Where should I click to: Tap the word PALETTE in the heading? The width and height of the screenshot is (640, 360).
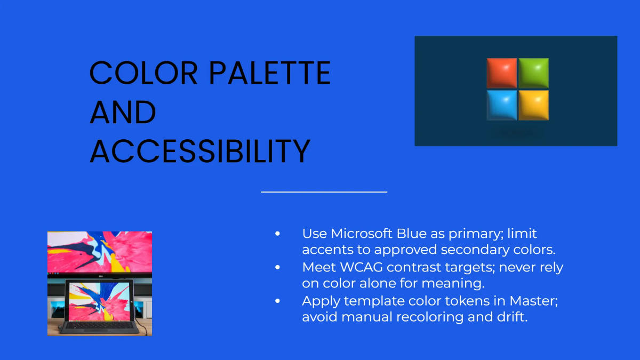270,73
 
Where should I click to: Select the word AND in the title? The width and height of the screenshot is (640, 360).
123,112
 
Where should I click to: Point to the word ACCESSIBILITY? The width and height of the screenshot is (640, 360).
200,151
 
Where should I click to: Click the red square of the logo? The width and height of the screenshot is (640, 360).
502,73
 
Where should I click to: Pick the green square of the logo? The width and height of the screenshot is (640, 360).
534,73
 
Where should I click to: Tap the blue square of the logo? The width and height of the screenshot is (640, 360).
502,105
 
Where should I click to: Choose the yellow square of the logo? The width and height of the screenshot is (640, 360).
534,105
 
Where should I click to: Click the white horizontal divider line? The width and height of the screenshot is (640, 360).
324,192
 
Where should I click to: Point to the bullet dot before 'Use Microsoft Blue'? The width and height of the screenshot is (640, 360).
277,234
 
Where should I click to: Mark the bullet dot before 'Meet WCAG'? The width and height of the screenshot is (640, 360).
277,267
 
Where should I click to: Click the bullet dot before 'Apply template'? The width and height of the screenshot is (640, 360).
277,301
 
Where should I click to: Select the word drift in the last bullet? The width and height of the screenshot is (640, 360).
512,317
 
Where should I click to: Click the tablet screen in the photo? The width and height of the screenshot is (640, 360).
99,301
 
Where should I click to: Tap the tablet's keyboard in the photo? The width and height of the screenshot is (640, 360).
99,326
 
